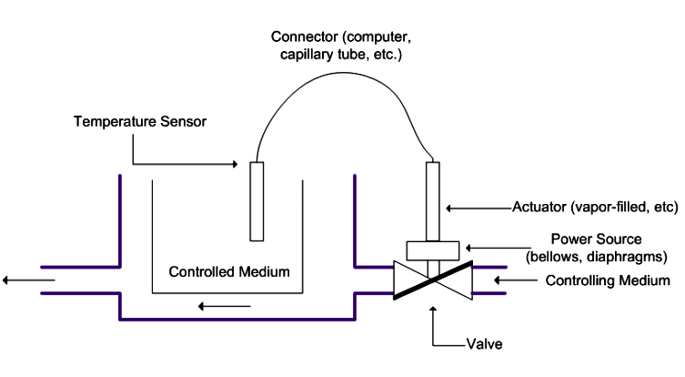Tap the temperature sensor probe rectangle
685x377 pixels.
[x=257, y=201]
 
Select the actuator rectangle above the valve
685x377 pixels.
[x=433, y=200]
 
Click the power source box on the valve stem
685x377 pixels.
[x=432, y=249]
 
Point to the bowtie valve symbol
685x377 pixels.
[x=432, y=280]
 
